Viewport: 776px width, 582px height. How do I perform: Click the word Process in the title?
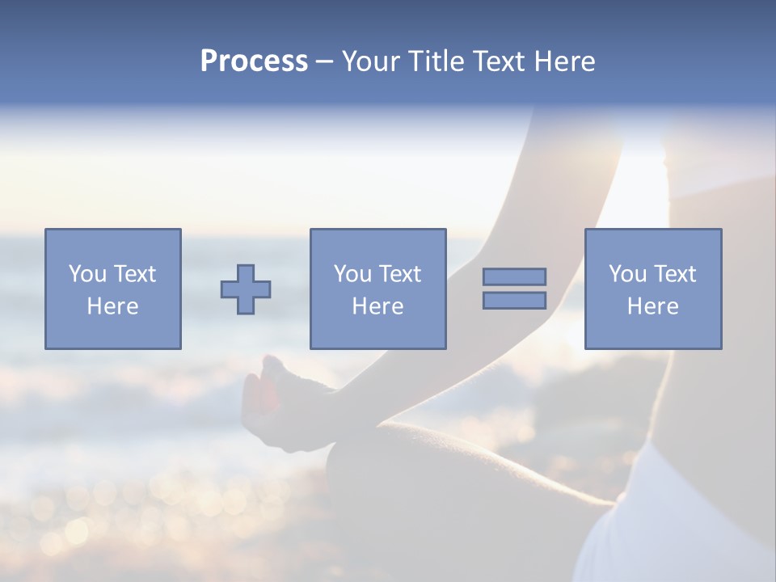coord(254,61)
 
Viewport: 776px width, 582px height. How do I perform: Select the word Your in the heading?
coord(371,61)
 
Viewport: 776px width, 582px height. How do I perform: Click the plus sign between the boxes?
coord(246,289)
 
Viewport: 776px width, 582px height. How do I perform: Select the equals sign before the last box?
coord(514,289)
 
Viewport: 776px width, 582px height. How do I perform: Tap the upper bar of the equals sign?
coord(514,277)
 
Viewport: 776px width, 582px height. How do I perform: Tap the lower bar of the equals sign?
coord(514,301)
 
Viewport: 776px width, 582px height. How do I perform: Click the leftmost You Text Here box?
coord(112,289)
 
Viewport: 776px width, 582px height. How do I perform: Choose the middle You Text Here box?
coord(377,289)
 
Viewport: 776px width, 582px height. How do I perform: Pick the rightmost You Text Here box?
coord(652,289)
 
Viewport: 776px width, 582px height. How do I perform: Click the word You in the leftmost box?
coord(86,274)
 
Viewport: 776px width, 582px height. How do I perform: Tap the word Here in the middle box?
coord(377,306)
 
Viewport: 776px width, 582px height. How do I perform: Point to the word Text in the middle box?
coord(399,274)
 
